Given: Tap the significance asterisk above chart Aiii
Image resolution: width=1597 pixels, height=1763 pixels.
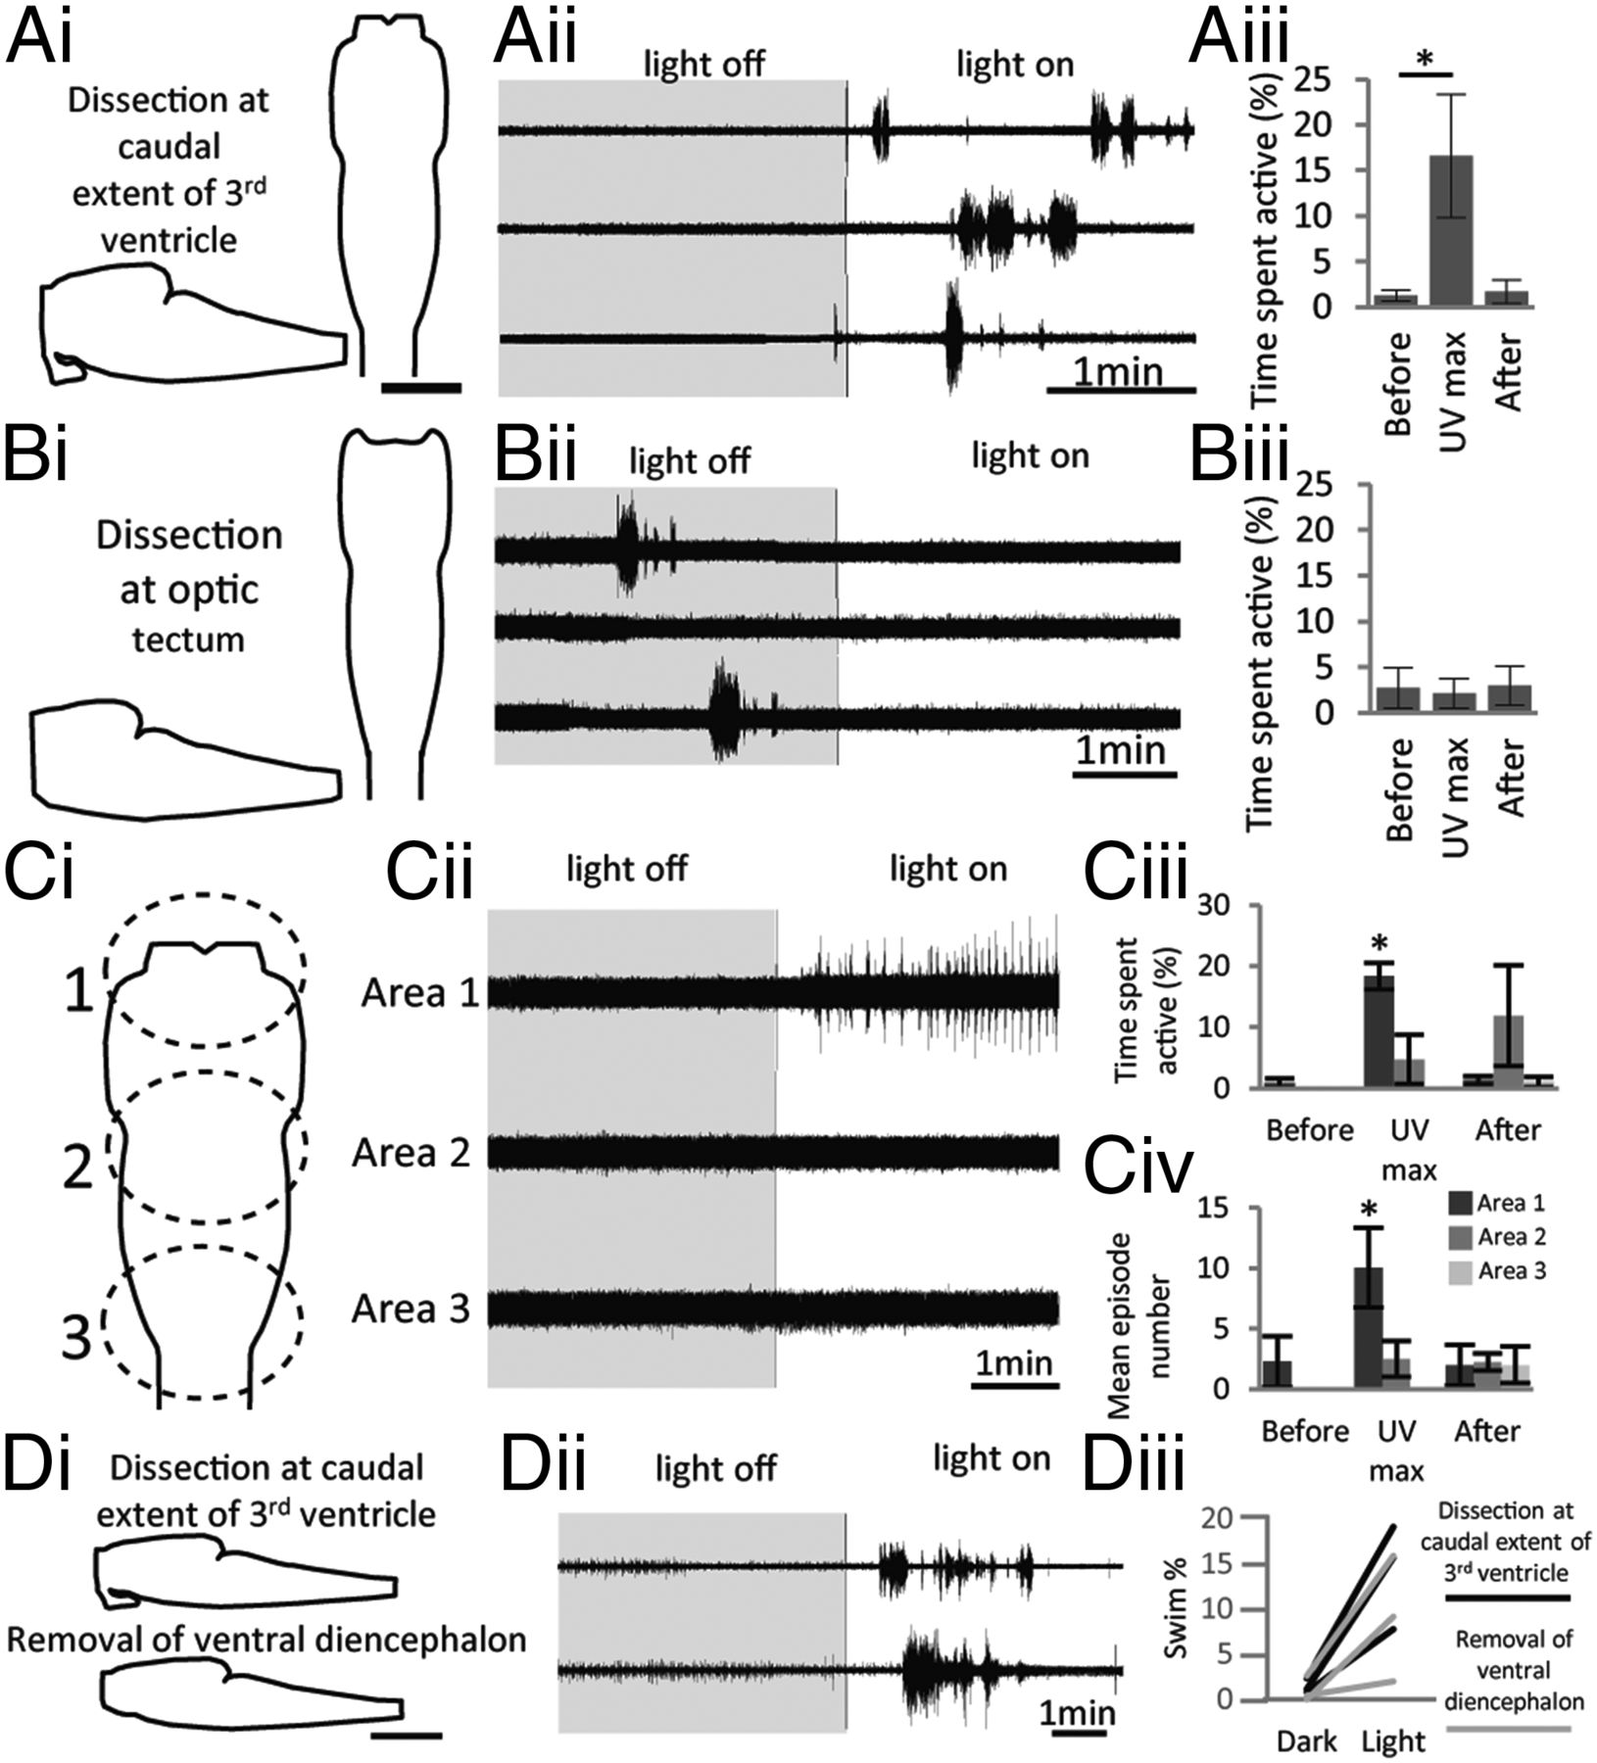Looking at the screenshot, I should coord(1426,59).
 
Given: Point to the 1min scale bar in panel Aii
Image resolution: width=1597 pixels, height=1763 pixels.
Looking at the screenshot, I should coord(1121,389).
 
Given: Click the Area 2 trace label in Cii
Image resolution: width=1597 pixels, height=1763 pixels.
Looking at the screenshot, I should coord(411,1153).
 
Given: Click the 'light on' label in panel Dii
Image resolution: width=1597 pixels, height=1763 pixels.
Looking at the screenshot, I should coord(992,1458).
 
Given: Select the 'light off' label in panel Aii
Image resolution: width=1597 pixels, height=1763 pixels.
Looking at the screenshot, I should coord(702,65).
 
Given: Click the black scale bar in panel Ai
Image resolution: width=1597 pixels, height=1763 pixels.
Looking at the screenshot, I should coord(420,388).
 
